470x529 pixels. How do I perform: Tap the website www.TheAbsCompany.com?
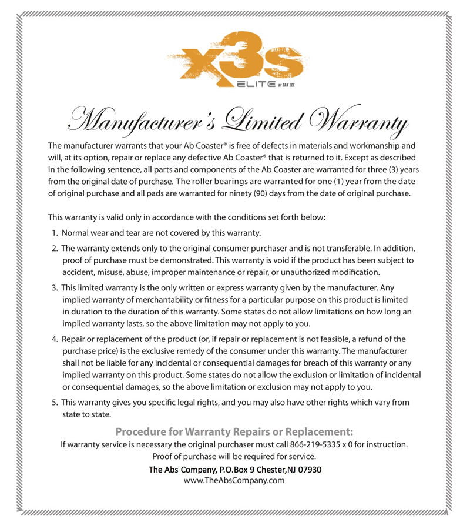point(234,480)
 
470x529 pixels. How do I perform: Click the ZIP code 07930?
point(308,470)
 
